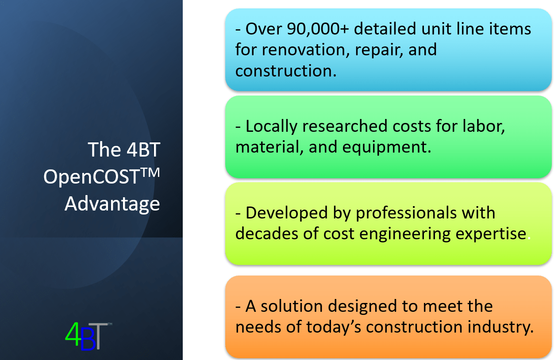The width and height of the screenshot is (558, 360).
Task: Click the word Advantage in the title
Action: click(112, 204)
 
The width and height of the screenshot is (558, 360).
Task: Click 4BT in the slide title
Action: click(141, 149)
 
